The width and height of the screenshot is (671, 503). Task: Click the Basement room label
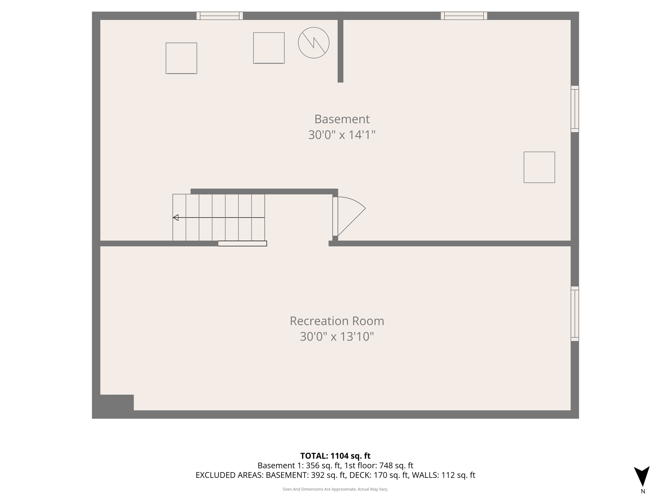point(342,119)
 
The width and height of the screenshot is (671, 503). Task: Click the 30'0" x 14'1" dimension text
point(342,135)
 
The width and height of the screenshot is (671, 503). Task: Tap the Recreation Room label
point(337,321)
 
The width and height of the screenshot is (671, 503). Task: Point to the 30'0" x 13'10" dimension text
point(337,337)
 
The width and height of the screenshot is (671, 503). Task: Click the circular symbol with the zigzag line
point(314,43)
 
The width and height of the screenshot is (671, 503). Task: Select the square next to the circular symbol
point(269,48)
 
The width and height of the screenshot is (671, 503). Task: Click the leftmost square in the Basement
point(181,58)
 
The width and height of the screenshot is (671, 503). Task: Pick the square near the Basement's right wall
point(539,167)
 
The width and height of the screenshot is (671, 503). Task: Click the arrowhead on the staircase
point(176,217)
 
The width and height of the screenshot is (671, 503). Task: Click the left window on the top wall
point(220,16)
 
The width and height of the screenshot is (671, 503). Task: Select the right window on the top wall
point(464,16)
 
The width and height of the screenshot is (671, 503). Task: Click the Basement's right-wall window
point(575,109)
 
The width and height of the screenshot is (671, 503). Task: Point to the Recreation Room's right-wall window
point(575,314)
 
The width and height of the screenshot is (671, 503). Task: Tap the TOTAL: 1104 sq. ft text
point(335,456)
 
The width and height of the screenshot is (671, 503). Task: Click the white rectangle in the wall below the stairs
point(242,243)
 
